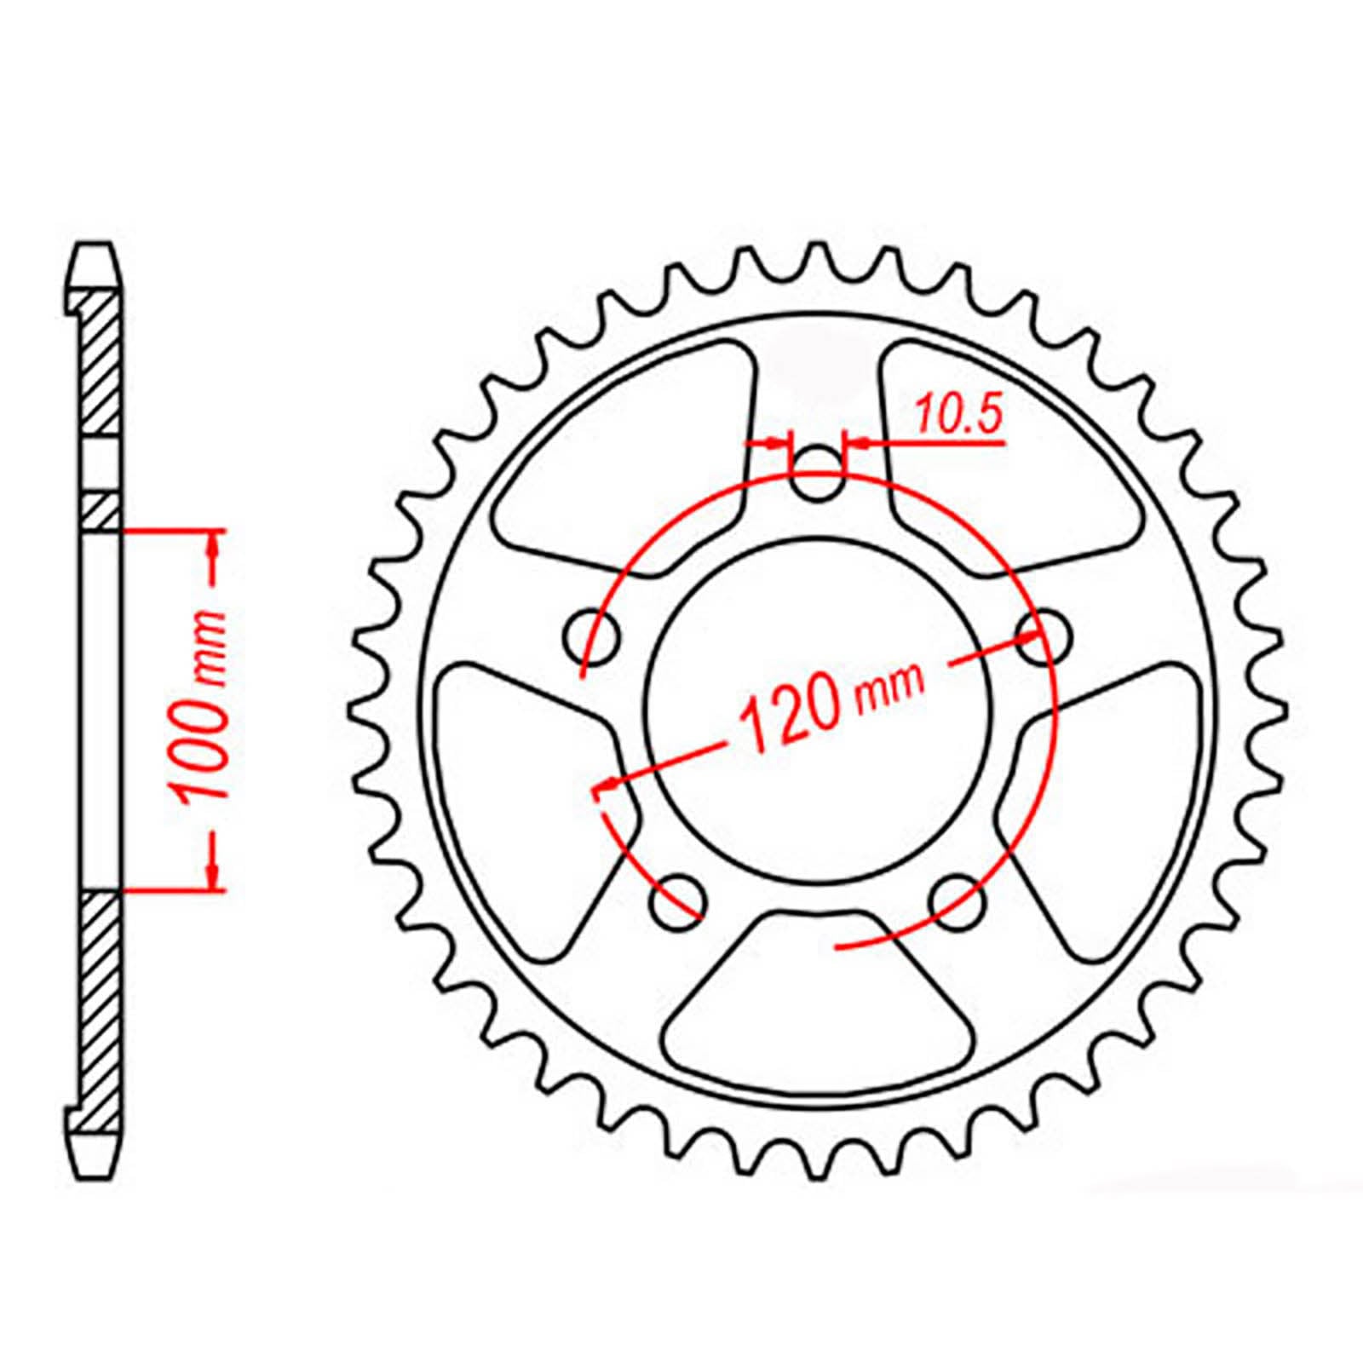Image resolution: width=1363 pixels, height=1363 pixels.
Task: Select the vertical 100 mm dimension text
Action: coord(202,706)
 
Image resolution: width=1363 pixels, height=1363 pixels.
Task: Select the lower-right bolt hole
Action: coord(958,901)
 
